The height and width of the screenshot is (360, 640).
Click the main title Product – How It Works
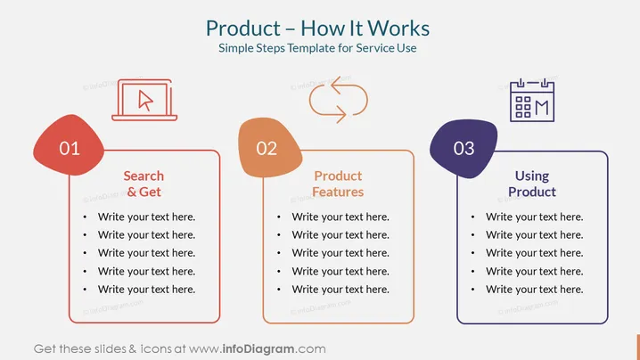pyautogui.click(x=317, y=29)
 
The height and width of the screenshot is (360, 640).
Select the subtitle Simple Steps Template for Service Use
pyautogui.click(x=317, y=48)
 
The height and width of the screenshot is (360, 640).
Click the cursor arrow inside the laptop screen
pyautogui.click(x=145, y=101)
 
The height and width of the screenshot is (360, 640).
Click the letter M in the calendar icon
pyautogui.click(x=542, y=108)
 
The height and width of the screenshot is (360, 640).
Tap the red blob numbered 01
pyautogui.click(x=69, y=146)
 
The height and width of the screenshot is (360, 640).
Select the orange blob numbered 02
pyautogui.click(x=270, y=148)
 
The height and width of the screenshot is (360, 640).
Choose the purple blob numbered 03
pyautogui.click(x=464, y=149)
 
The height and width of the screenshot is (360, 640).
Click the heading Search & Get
pyautogui.click(x=144, y=184)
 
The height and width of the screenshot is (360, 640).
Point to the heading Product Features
pyautogui.click(x=338, y=184)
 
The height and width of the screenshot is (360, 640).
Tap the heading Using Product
pyautogui.click(x=532, y=184)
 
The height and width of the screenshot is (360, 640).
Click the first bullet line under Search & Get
pyautogui.click(x=146, y=217)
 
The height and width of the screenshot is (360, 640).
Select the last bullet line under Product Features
pyautogui.click(x=341, y=289)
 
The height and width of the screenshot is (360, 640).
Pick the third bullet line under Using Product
pyautogui.click(x=534, y=253)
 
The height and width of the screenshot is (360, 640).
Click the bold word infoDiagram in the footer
pyautogui.click(x=258, y=349)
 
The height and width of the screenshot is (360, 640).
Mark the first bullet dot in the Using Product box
pyautogui.click(x=472, y=217)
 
